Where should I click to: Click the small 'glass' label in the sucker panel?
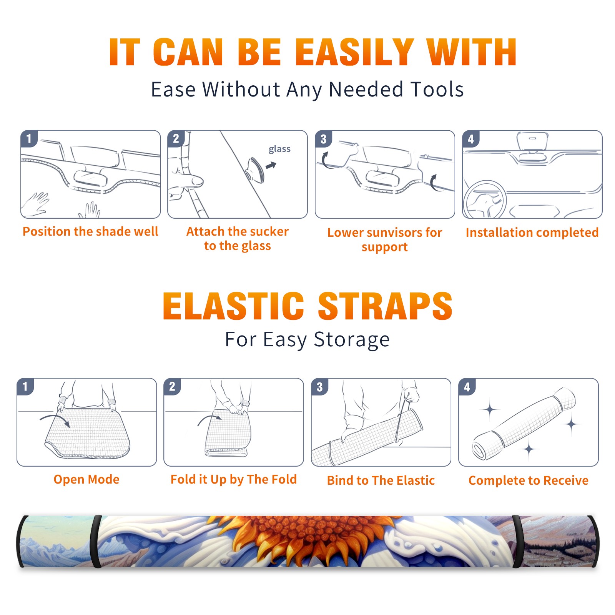[x=279, y=149]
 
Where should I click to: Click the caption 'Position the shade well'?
[x=90, y=231]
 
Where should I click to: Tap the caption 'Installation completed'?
[x=532, y=232]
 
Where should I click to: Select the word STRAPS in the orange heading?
[x=385, y=306]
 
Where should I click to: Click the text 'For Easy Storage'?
[x=307, y=339]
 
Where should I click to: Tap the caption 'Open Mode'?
[x=86, y=479]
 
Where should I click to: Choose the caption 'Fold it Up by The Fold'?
[x=234, y=479]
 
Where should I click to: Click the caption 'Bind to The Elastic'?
[x=381, y=480]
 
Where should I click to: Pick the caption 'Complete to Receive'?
[x=529, y=480]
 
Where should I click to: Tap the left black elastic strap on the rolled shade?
[x=97, y=541]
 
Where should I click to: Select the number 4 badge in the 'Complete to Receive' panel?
[x=467, y=387]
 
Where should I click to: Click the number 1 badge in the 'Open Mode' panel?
[x=25, y=387]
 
